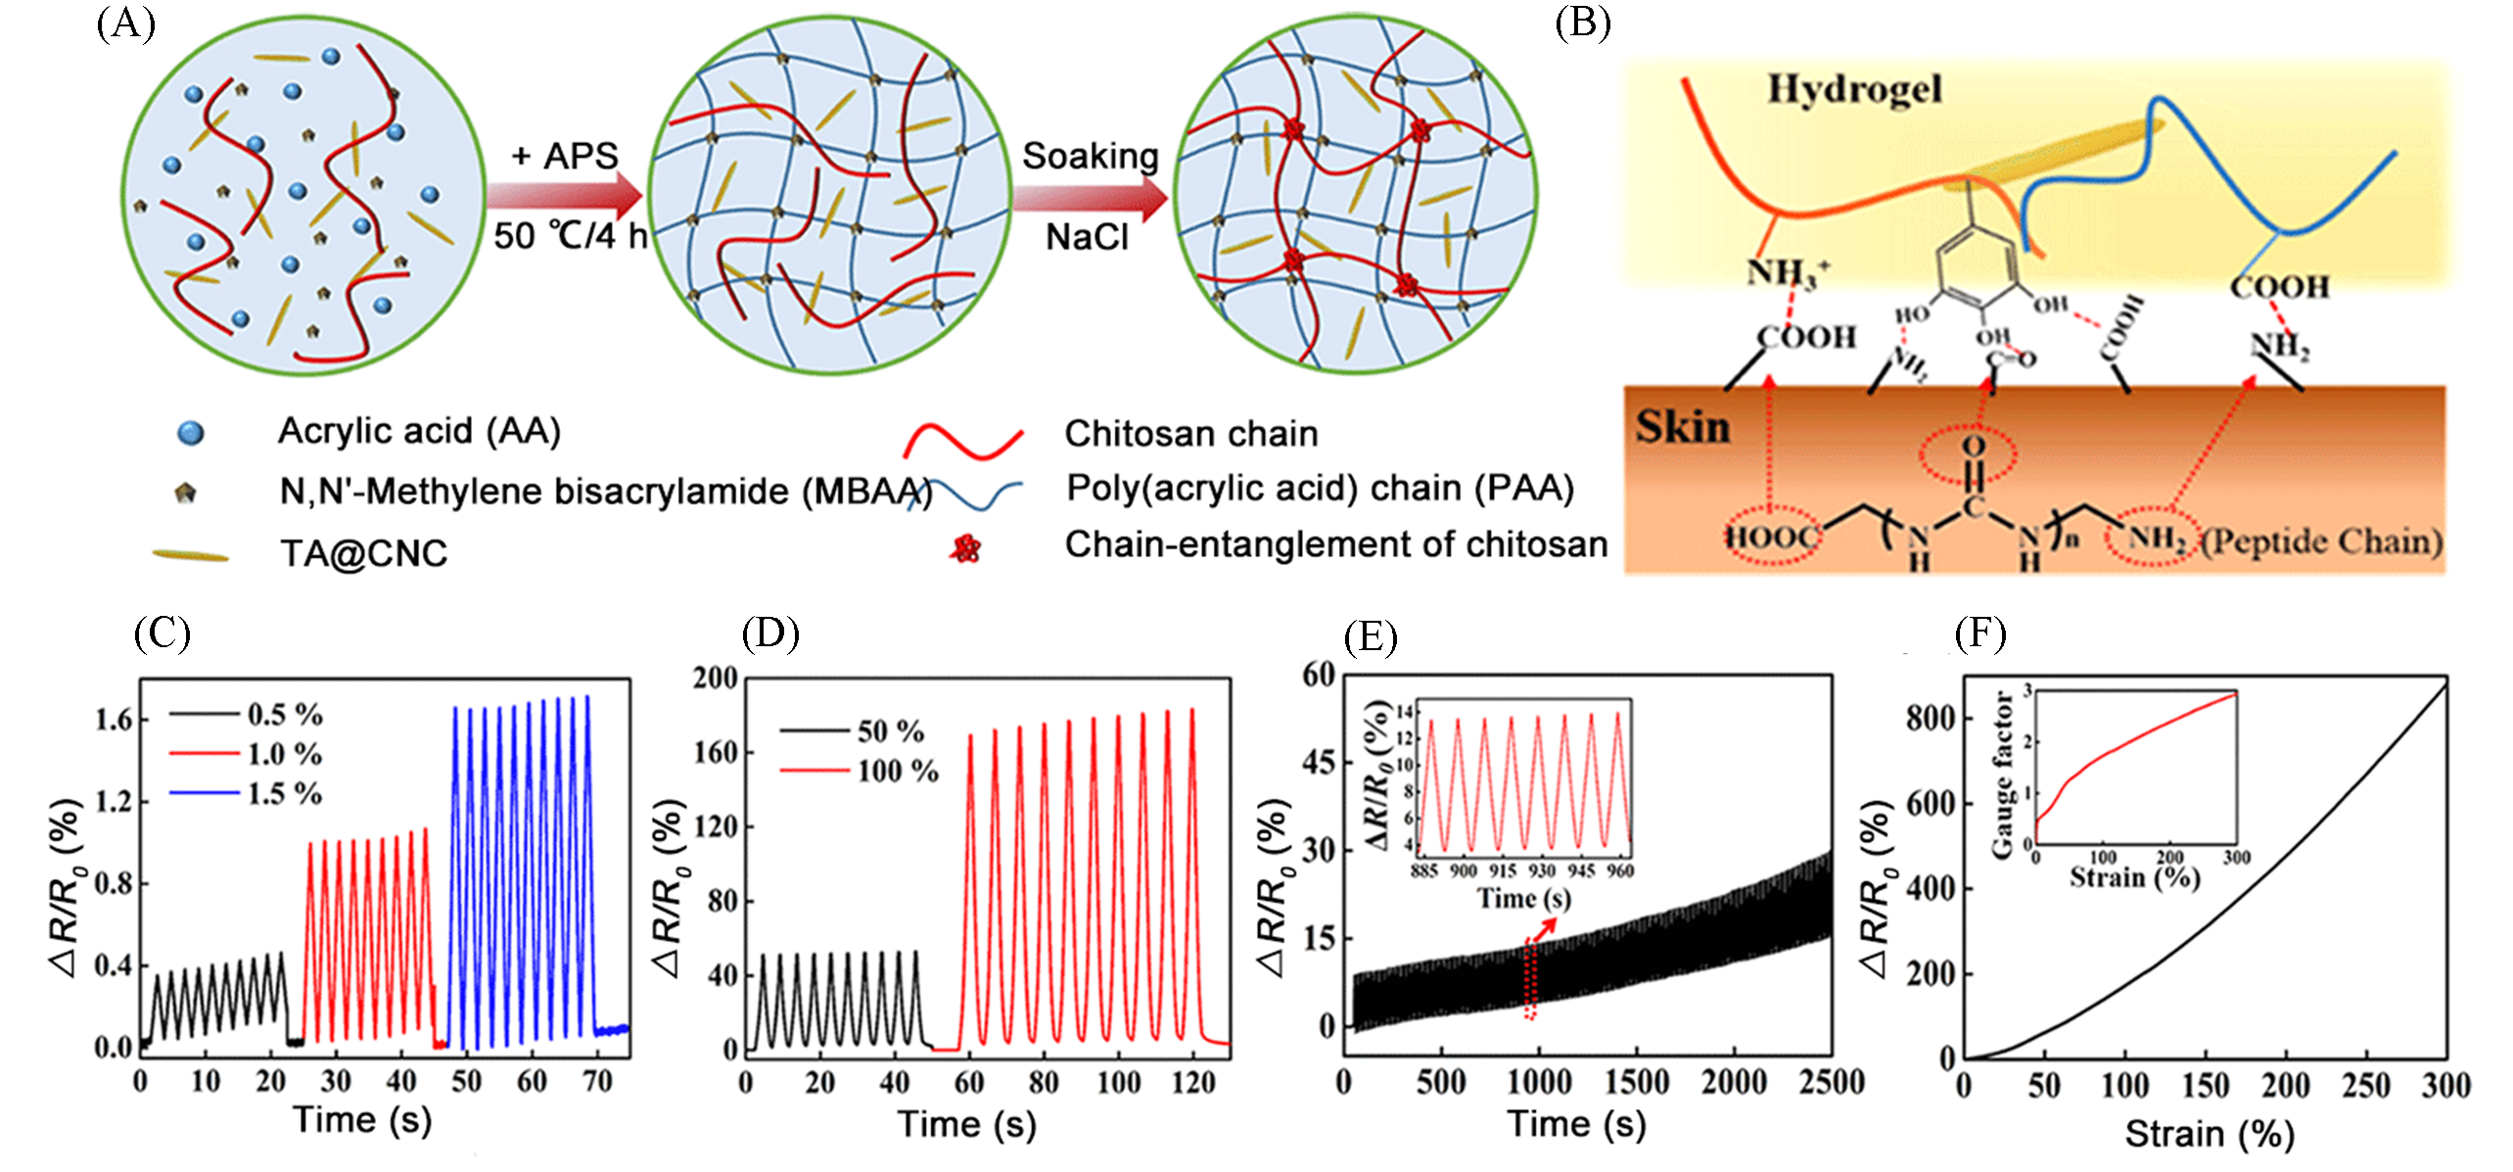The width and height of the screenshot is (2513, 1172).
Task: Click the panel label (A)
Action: point(125,23)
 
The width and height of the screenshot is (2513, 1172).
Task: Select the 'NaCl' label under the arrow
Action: point(1087,237)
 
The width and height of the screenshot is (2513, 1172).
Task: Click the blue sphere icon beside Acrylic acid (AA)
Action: point(190,433)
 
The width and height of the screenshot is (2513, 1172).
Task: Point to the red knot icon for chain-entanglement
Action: point(965,548)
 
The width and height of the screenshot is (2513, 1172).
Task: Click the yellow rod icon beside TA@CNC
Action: point(190,556)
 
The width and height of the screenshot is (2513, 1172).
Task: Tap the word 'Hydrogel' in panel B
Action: point(1854,90)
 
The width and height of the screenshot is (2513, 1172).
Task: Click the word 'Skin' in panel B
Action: point(1683,427)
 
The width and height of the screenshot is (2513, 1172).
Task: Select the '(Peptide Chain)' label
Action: point(2322,541)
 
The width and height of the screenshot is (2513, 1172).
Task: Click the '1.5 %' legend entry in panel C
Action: point(284,793)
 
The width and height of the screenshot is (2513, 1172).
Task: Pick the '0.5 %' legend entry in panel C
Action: point(284,715)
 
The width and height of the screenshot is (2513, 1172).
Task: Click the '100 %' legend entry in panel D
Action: point(897,772)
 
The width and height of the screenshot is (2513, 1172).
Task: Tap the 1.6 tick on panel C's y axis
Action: point(113,721)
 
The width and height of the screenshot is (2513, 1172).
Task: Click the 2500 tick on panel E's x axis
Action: point(1830,1083)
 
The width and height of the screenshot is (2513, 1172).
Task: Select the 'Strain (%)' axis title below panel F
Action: point(2209,1135)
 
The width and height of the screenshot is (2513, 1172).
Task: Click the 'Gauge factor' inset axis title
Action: point(2002,774)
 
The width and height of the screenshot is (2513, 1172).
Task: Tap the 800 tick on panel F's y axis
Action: point(1930,718)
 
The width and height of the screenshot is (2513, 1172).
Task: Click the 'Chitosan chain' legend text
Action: point(1190,434)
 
